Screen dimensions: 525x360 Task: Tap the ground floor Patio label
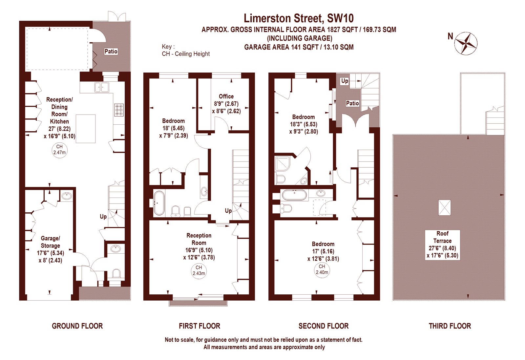point(111,51)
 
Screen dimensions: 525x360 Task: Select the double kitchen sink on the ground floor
point(102,87)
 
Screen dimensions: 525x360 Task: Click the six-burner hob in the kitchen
point(119,110)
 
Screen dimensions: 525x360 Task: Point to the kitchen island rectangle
point(86,129)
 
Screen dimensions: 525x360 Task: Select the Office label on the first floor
point(226,96)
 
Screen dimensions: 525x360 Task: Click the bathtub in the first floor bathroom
point(159,203)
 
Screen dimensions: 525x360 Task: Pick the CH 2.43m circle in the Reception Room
point(199,270)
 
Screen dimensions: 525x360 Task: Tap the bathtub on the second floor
point(294,195)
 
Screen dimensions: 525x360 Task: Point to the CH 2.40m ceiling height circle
point(322,269)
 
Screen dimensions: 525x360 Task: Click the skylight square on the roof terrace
point(444,207)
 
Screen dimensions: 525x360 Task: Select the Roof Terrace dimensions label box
point(443,245)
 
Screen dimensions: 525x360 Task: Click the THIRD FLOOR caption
point(450,326)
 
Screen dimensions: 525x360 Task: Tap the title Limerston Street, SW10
point(299,18)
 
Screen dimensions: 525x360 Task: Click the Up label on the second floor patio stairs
point(345,81)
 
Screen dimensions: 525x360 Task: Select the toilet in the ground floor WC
point(116,274)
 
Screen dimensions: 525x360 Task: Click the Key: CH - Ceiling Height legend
point(186,50)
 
